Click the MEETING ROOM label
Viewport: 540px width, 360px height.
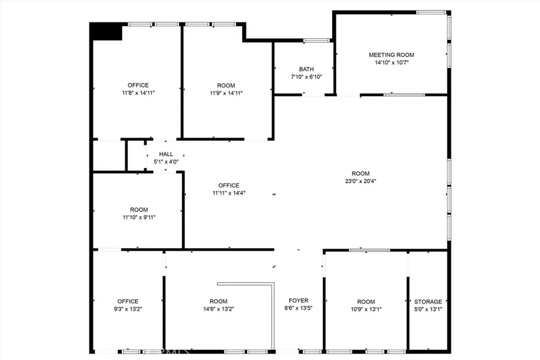tap(392, 55)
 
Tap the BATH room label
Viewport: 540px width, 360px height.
tap(306, 69)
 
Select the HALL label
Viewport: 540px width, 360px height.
tap(166, 154)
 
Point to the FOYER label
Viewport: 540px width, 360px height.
tap(298, 300)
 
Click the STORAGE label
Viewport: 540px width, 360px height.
tap(428, 301)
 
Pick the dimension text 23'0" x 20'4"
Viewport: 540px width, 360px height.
tap(361, 181)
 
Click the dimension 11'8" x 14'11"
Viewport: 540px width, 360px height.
tap(139, 93)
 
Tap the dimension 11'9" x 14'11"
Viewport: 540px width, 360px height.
tap(226, 93)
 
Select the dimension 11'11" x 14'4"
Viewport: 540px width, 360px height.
tap(229, 193)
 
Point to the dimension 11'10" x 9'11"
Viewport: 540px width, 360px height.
tap(139, 218)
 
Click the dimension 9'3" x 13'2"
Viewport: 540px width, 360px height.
tap(128, 309)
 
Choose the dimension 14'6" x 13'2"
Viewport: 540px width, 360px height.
tap(219, 309)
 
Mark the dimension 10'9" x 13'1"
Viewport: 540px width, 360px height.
tap(366, 309)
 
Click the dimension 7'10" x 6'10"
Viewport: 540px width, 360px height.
tap(306, 77)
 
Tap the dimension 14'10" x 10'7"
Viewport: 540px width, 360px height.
tap(392, 63)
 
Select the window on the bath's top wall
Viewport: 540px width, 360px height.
tap(317, 41)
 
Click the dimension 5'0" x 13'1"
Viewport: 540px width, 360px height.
tap(428, 309)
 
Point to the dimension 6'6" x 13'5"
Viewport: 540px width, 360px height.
tap(298, 308)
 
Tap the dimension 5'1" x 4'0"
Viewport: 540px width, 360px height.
tap(166, 162)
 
